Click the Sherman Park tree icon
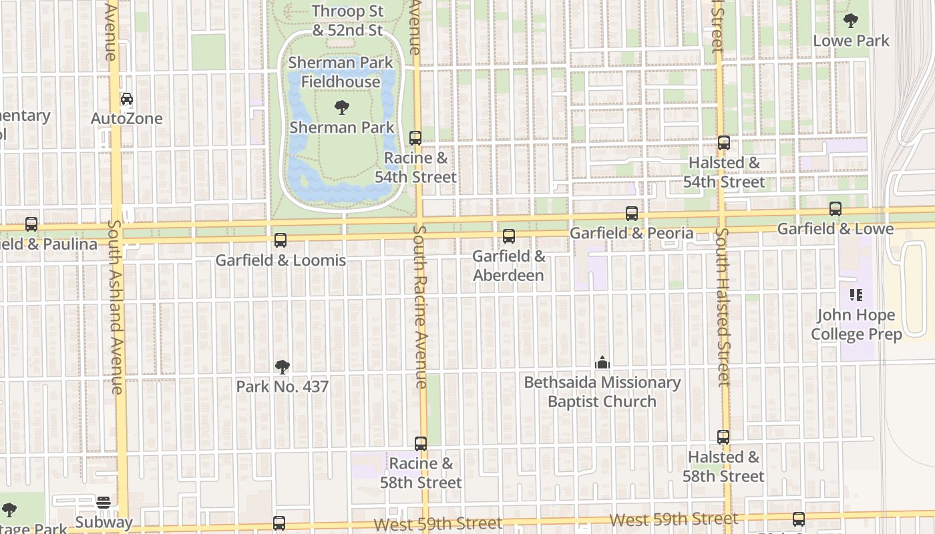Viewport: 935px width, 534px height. [x=342, y=107]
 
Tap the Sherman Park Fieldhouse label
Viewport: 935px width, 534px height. [x=341, y=72]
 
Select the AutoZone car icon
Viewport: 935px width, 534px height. [x=126, y=99]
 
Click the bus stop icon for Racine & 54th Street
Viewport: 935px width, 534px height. [x=415, y=138]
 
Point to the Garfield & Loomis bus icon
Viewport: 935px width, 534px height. [x=280, y=240]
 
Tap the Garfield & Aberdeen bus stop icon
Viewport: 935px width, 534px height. [x=509, y=236]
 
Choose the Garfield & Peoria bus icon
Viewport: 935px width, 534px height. [x=632, y=214]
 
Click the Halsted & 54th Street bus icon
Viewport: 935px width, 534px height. [x=724, y=143]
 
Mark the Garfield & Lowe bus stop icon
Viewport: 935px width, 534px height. [x=835, y=209]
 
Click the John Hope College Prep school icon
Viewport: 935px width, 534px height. [x=856, y=294]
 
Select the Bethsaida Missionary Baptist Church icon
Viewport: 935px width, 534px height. [x=602, y=362]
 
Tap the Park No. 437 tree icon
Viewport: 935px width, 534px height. [x=283, y=366]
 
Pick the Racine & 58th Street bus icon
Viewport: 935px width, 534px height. [x=421, y=444]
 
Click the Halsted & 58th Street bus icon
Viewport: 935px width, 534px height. [x=723, y=437]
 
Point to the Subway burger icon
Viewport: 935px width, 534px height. [x=104, y=502]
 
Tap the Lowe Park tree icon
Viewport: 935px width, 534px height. [x=851, y=21]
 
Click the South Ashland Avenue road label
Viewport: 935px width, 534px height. [x=116, y=307]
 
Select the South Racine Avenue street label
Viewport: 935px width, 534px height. [x=419, y=307]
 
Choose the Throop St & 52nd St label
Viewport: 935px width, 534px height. [x=348, y=21]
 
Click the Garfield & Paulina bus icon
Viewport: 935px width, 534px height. [x=31, y=224]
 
